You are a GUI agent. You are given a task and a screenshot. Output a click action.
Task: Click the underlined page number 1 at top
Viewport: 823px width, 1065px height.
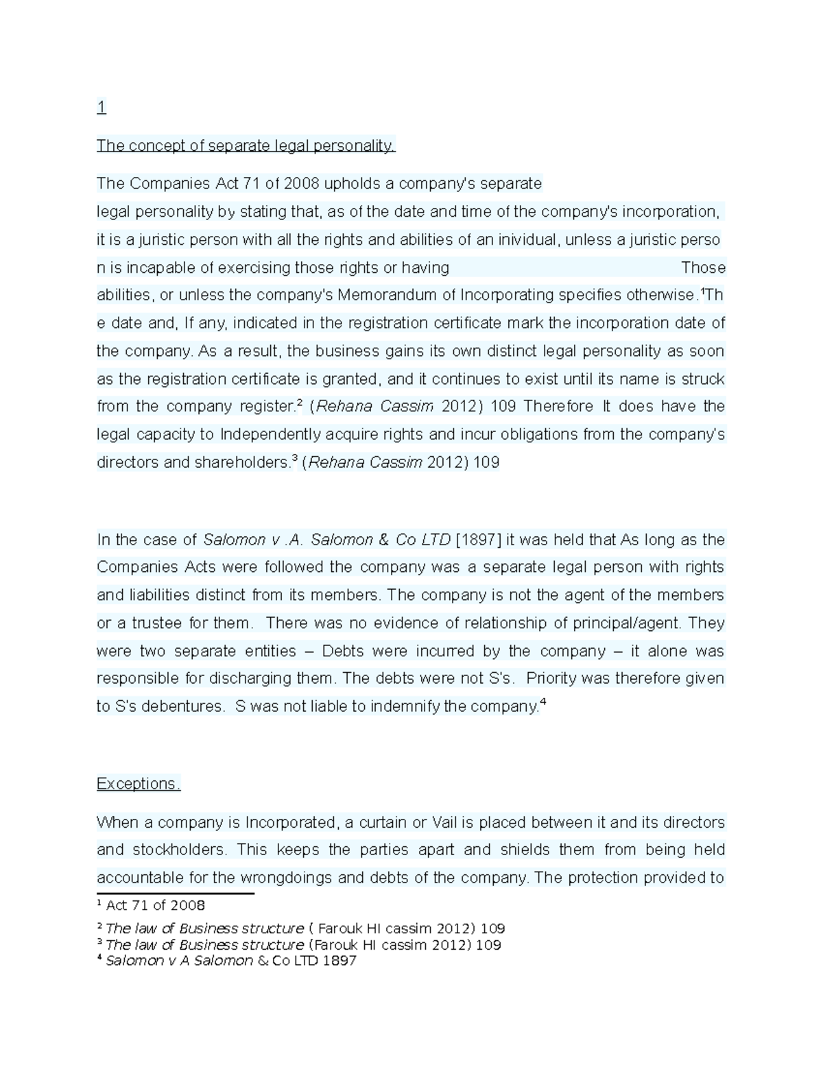click(102, 107)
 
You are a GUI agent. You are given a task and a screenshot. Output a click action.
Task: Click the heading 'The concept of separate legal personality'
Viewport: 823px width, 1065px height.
click(246, 145)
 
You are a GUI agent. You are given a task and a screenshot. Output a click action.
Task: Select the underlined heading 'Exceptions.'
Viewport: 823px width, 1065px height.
click(138, 784)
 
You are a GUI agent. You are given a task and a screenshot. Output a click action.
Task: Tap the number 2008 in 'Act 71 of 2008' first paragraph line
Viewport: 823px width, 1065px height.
click(301, 184)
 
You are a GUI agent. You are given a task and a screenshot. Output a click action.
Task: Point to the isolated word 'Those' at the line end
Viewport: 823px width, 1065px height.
click(703, 267)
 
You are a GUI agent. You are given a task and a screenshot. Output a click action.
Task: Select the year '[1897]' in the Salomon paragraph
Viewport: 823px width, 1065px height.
click(479, 540)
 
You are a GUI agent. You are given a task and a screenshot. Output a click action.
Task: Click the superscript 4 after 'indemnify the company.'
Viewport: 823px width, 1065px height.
click(543, 702)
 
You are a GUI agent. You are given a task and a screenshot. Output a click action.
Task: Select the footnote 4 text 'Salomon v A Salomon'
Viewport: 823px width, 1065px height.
click(179, 961)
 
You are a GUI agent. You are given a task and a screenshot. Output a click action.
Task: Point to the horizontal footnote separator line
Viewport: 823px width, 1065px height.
click(175, 894)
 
